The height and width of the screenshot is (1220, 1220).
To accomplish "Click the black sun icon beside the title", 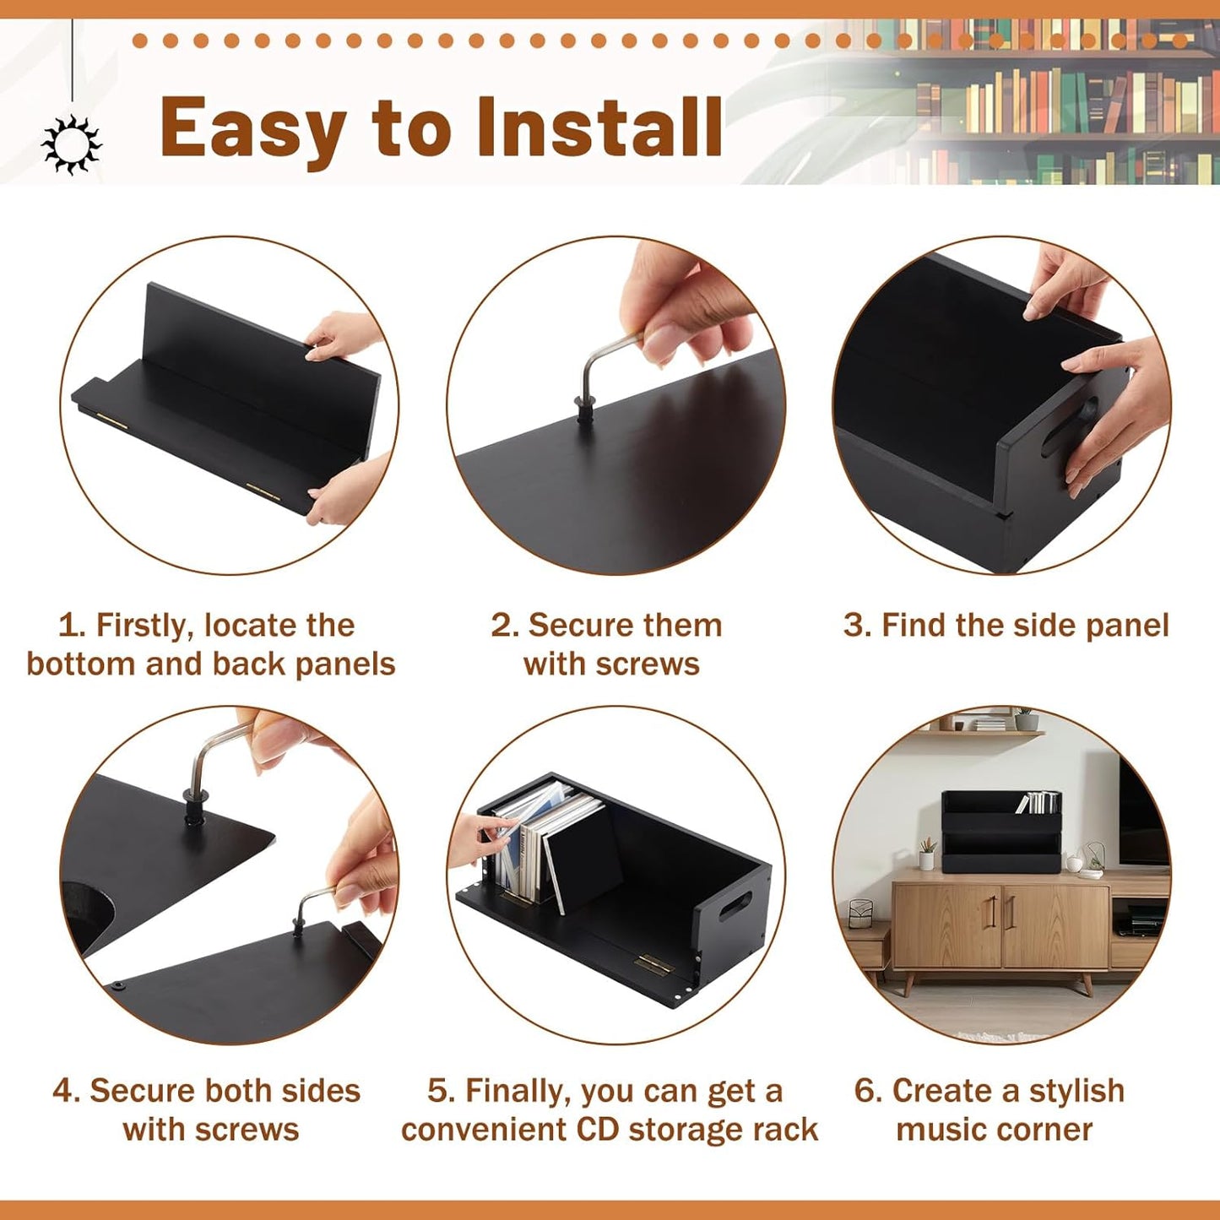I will point(72,144).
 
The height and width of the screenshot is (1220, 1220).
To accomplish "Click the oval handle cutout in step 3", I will point(1070,426).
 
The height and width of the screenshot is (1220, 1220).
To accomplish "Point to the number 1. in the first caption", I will point(71,626).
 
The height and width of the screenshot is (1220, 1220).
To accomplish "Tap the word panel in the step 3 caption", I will point(1127,626).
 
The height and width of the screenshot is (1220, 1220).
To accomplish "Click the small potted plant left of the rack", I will point(927,854).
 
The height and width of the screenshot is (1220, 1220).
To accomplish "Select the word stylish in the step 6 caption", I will point(1076,1091).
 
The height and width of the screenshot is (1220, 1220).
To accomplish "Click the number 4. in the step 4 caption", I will point(66,1091).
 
